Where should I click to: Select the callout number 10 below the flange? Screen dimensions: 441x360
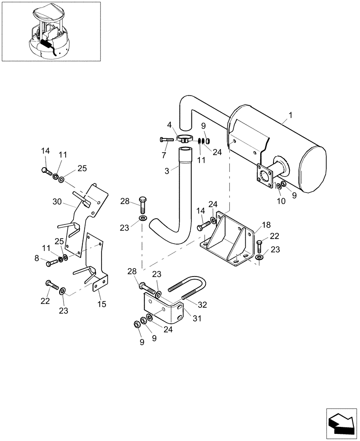[281, 201]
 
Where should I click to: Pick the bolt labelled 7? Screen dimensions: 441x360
[167, 139]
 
